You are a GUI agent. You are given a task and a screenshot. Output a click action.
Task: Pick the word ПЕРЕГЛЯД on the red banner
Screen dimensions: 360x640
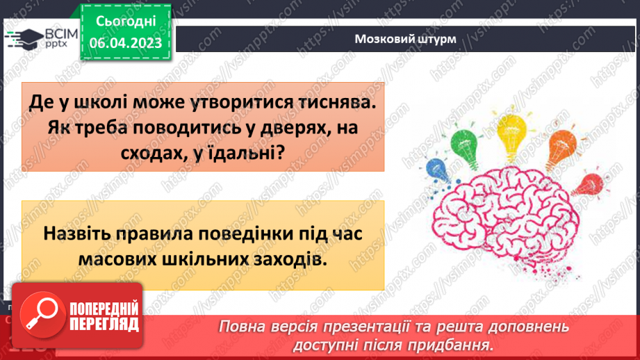(x=104, y=324)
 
